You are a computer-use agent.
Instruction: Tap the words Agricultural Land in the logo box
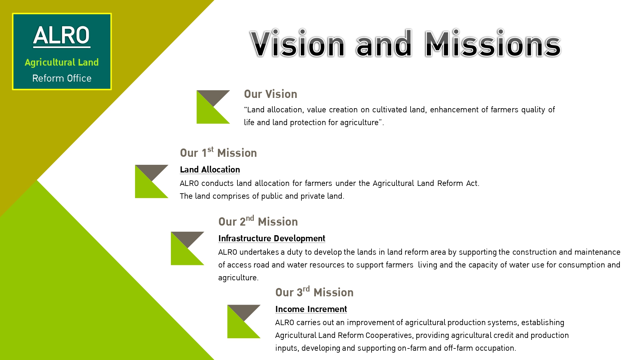point(62,62)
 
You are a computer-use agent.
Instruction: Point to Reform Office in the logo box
point(62,78)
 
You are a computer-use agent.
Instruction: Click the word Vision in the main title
point(297,43)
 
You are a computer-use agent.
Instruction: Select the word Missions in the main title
point(493,43)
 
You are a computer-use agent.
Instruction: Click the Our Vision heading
point(270,94)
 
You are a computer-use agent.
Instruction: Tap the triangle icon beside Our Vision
point(213,107)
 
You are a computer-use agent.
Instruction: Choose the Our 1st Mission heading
point(218,152)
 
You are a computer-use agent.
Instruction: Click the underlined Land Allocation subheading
point(210,170)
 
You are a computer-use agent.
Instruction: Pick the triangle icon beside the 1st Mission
point(152,181)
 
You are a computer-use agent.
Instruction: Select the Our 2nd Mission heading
point(258,221)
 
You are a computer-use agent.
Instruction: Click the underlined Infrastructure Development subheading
point(272,238)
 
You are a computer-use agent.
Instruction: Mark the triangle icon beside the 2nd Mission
point(188,248)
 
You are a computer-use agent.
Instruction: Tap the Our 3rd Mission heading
point(314,292)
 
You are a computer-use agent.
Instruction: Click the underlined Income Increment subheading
point(311,309)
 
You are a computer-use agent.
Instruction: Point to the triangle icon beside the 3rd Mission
point(244,322)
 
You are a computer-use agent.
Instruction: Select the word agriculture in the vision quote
point(359,123)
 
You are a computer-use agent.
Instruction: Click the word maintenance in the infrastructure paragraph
point(597,252)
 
